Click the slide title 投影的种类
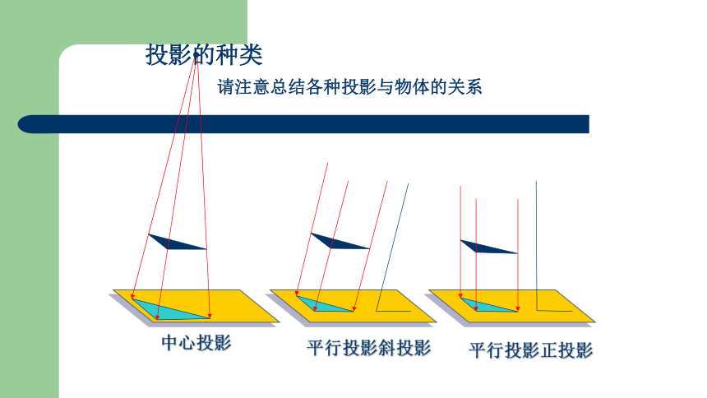click(204, 55)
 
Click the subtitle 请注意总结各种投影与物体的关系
click(349, 86)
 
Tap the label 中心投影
click(196, 343)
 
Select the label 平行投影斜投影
click(369, 348)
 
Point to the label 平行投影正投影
click(531, 349)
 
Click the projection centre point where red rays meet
click(196, 55)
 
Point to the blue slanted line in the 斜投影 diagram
click(392, 248)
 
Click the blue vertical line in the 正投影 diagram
click(537, 246)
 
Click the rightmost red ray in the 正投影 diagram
click(518, 255)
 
